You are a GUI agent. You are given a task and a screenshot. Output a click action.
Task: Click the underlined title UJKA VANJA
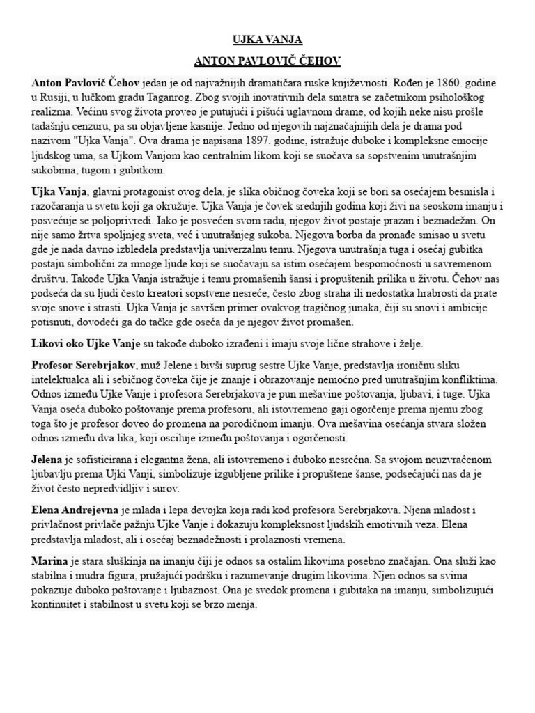(x=267, y=40)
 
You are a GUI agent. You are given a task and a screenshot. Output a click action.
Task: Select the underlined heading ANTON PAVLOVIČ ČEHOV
(x=267, y=61)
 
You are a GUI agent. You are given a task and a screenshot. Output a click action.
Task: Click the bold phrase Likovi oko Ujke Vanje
(x=86, y=344)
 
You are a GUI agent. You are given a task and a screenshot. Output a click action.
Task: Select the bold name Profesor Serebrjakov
(x=84, y=366)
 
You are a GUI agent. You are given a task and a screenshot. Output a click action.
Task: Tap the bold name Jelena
(x=47, y=460)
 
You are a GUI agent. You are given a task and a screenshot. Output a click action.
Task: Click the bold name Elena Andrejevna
(x=75, y=510)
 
